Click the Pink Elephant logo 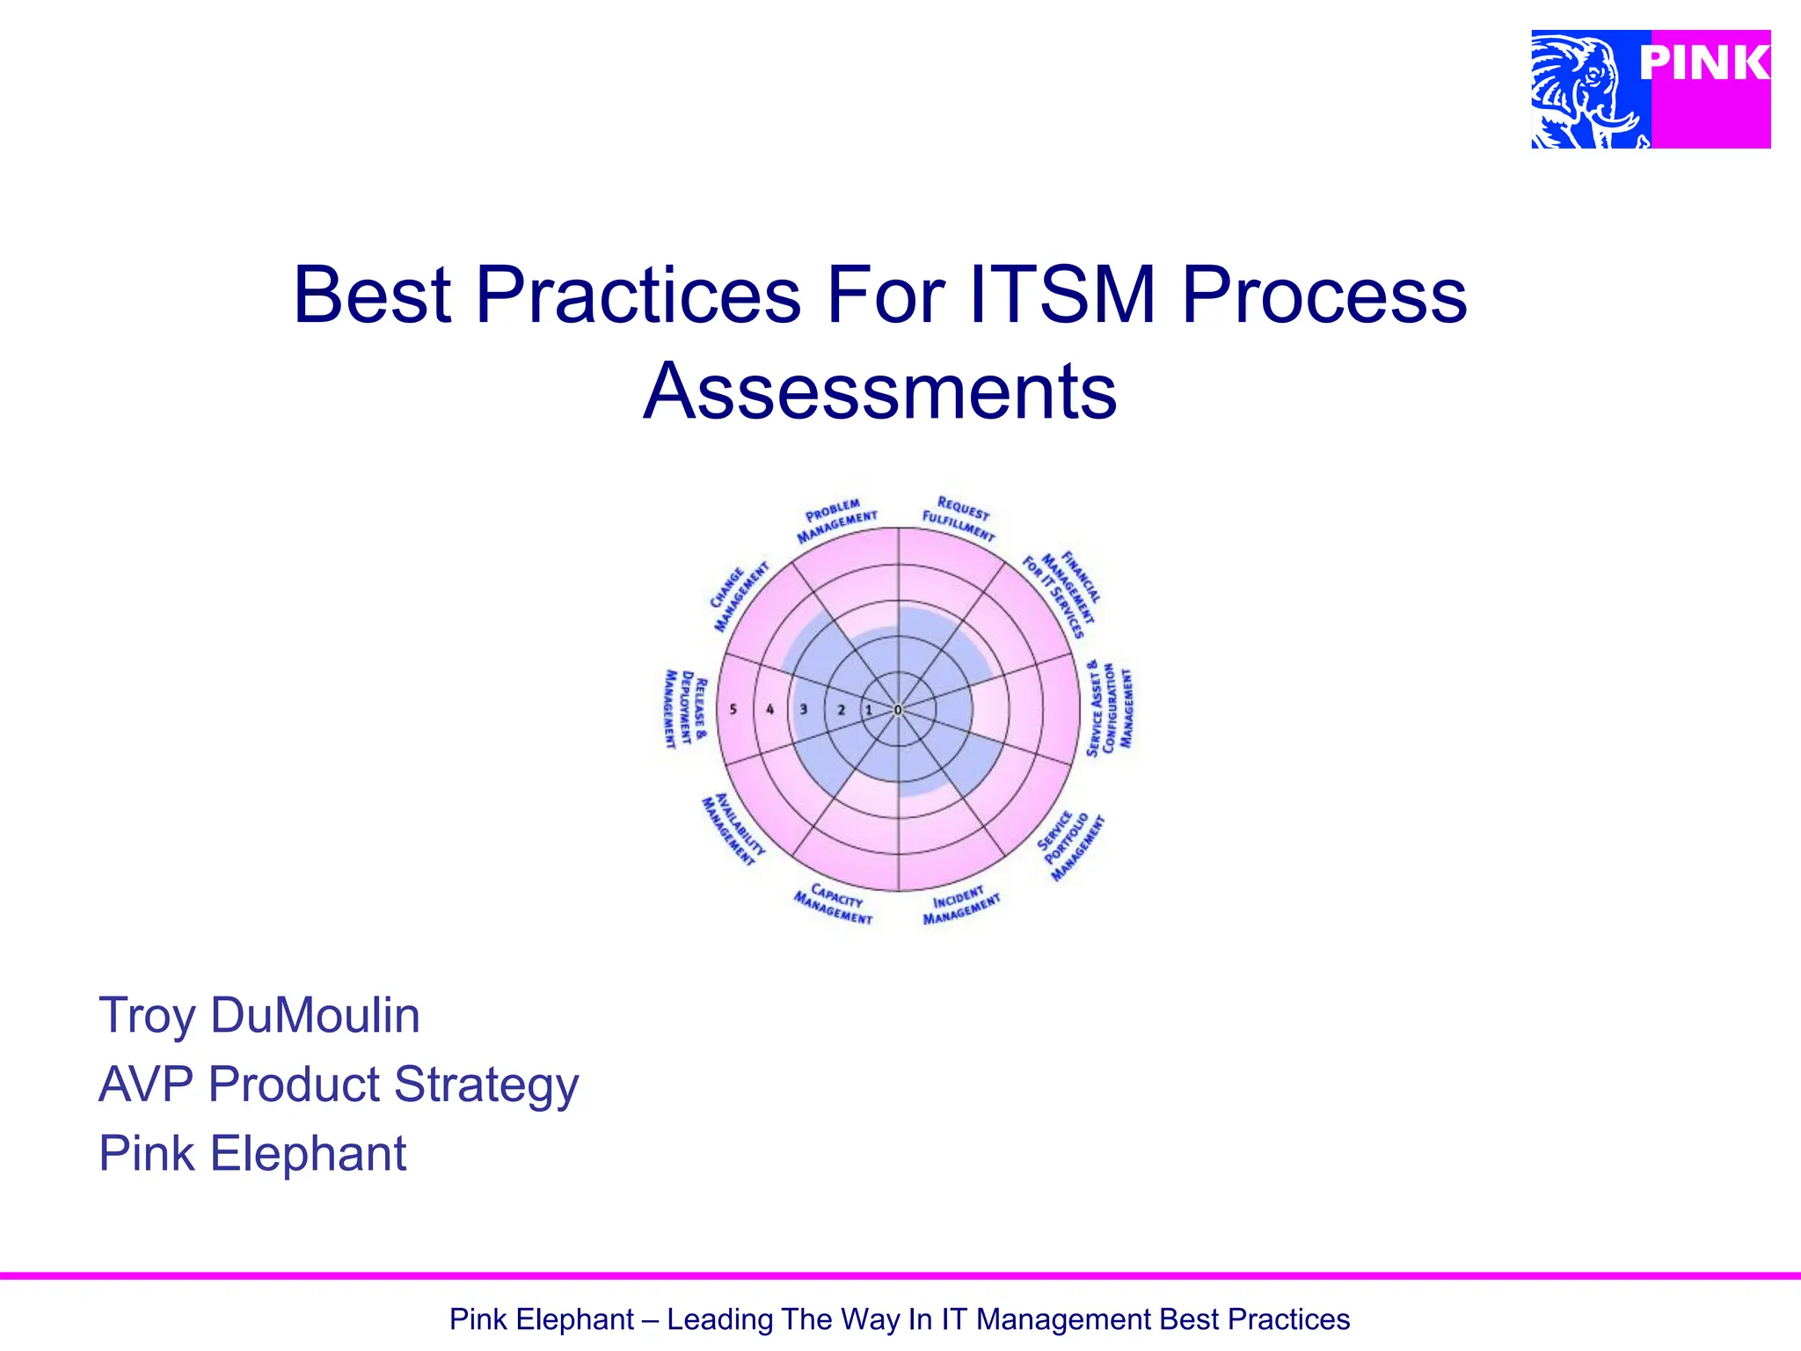coord(1650,89)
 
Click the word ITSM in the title coord(1061,296)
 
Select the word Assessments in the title coord(879,391)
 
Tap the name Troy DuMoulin coord(259,1015)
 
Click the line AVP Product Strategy coord(339,1084)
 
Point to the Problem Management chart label coord(835,520)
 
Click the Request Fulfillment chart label coord(959,519)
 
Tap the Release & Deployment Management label coord(684,709)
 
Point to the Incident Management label coord(960,906)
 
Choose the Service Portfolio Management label coord(1071,845)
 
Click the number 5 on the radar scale coord(733,709)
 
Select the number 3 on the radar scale coord(803,709)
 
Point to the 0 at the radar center coord(898,710)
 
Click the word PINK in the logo coord(1703,63)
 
